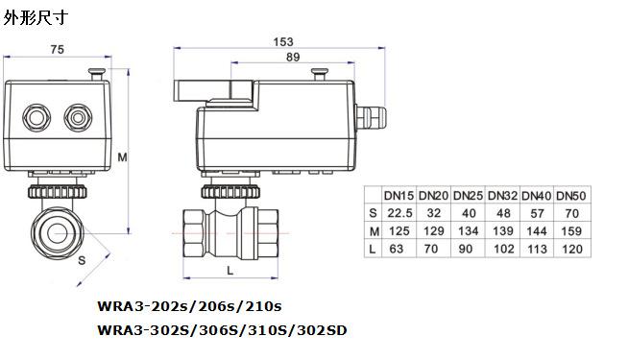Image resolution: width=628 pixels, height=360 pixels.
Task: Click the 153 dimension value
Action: pos(283,41)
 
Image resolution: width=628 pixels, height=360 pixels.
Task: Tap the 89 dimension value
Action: pos(293,58)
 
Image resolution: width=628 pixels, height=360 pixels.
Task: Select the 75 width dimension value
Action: pos(58,49)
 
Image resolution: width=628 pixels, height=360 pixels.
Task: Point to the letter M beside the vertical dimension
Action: pos(122,157)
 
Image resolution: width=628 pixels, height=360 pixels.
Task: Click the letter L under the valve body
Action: pos(229,271)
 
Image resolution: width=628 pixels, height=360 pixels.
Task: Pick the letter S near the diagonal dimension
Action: pos(82,261)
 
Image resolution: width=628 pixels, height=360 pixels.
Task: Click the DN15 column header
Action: pos(399,196)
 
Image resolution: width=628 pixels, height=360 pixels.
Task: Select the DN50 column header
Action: pos(571,196)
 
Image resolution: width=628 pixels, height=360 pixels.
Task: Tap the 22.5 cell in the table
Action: pos(399,213)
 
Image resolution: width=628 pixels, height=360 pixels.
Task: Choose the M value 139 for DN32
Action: pos(503,231)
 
